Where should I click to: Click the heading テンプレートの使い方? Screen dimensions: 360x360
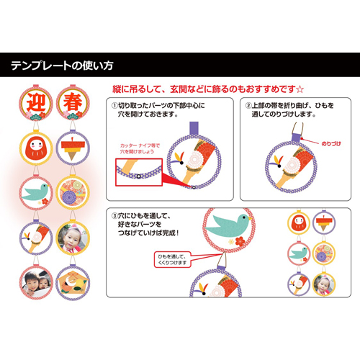(62, 66)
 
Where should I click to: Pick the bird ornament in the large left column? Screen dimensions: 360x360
(33, 192)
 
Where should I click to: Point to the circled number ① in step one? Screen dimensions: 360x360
(114, 106)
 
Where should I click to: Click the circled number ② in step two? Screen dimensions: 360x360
(249, 106)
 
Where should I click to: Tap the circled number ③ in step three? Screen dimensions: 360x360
(114, 215)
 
